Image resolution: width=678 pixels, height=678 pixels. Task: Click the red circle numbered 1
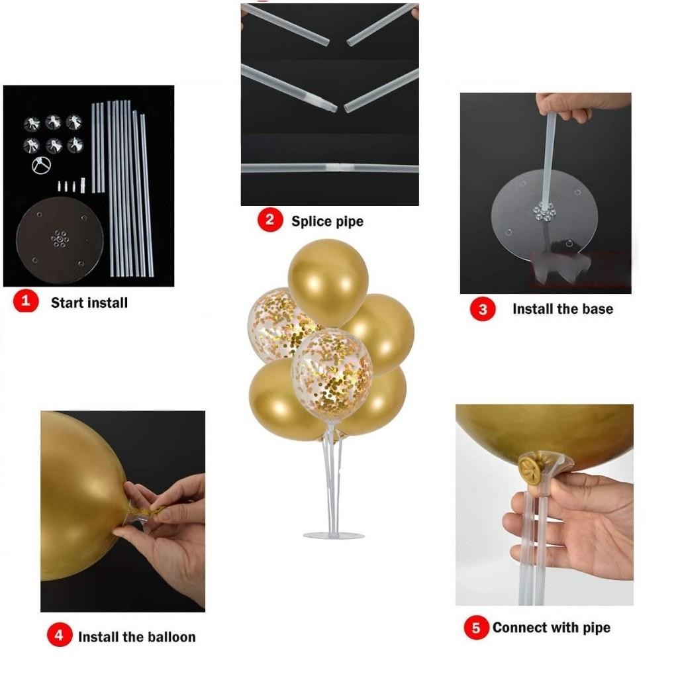click(26, 301)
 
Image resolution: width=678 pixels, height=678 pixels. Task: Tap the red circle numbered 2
click(270, 220)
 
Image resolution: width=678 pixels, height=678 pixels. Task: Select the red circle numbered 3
click(483, 309)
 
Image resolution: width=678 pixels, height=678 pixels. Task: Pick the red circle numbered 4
click(60, 635)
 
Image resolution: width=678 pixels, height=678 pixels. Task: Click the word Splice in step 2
click(309, 221)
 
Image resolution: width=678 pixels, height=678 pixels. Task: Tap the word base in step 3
click(598, 309)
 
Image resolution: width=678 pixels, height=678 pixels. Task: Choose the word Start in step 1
click(66, 303)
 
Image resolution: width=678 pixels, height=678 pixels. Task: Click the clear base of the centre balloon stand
click(334, 535)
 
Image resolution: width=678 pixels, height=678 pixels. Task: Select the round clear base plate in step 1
click(60, 240)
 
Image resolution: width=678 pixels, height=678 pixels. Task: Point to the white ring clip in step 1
click(42, 165)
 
